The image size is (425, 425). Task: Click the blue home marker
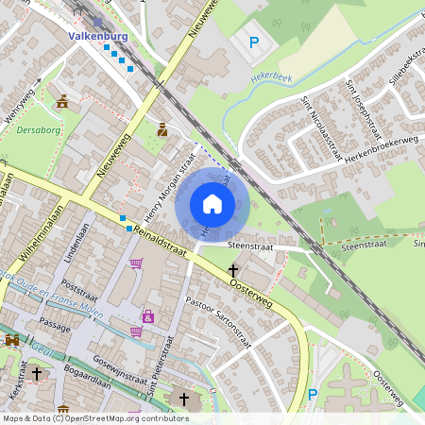pos(212,203)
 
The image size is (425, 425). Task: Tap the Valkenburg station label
pos(98,37)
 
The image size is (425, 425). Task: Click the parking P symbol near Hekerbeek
pos(253,42)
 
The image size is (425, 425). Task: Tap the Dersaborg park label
pos(38,130)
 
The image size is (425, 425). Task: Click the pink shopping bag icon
pos(148,315)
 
